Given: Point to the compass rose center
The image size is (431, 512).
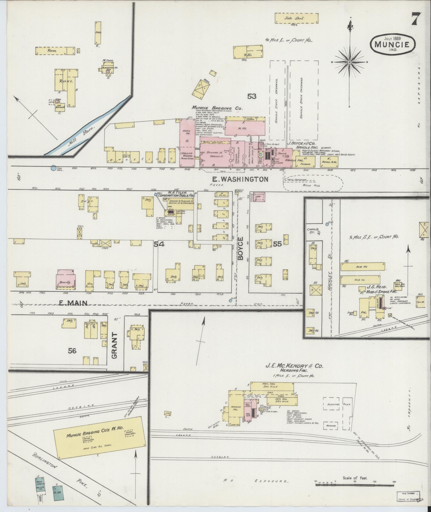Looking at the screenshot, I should point(350,62).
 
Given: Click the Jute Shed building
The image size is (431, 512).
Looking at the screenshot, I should point(297,18).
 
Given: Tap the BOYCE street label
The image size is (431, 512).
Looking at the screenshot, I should point(240,248).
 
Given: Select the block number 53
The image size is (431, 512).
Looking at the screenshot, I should point(252,96).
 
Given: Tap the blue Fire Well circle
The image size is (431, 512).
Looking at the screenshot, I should point(53,168).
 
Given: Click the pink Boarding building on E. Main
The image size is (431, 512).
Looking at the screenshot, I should point(66,279).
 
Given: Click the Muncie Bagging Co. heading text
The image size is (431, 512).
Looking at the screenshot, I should point(217,108).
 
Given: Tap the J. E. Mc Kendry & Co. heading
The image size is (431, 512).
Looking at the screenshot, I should point(294,366).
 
